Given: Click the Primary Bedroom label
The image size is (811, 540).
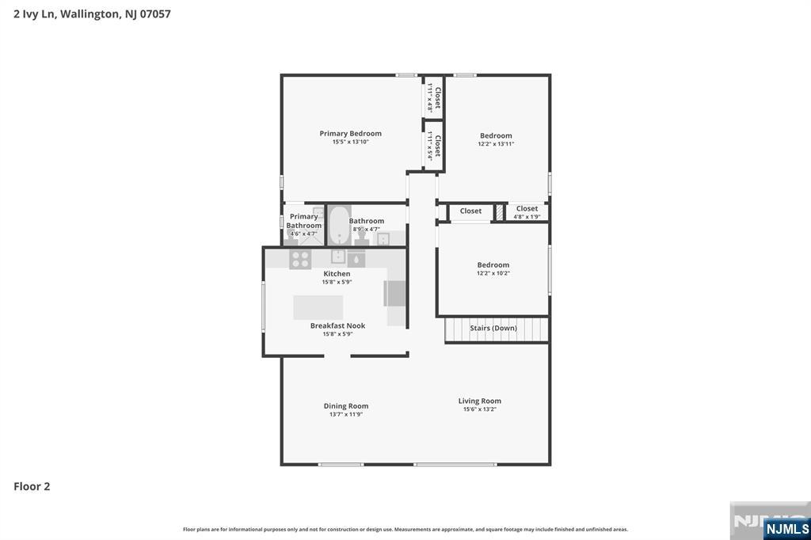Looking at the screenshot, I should tap(350, 134).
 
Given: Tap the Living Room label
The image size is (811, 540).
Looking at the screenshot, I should tap(479, 401).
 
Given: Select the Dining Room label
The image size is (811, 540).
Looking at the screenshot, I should tap(346, 406).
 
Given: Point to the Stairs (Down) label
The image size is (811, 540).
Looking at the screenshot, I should tap(493, 328).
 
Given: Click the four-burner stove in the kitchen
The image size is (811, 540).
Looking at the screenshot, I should tap(300, 259).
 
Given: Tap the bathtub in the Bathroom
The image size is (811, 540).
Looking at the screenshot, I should tap(339, 225).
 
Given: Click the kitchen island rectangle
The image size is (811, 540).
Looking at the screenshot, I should tap(318, 307).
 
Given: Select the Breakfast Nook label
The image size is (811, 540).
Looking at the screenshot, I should tap(337, 325).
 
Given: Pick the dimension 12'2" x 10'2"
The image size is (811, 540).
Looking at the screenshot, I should tap(493, 273).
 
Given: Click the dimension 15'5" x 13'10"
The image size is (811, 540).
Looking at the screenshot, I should tap(350, 142).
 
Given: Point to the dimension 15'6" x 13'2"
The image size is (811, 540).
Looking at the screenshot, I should tap(479, 409).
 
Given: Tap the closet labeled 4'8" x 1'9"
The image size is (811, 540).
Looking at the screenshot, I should tap(527, 212).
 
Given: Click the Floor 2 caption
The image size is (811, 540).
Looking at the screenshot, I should tap(32, 486).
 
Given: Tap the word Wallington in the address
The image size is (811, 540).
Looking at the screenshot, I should tap(89, 14).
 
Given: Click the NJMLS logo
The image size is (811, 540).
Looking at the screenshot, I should tap(786, 528).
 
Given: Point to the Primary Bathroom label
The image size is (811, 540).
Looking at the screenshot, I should tap(304, 221).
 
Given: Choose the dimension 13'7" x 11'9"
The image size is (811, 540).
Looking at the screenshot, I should tap(346, 415).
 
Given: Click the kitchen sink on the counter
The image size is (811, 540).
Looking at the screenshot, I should tap(338, 256).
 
